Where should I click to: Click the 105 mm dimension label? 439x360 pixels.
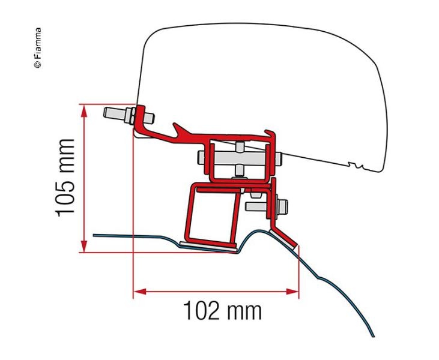65,178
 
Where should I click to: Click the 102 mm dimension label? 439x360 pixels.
222,311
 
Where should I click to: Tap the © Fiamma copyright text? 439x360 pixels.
37,48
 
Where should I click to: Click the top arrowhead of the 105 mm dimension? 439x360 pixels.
83,111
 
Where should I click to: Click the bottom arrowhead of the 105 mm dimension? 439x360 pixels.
83,246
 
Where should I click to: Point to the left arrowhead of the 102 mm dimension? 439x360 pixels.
140,292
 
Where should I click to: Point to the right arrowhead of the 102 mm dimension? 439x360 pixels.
292,292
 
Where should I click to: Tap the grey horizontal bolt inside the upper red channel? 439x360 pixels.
240,158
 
